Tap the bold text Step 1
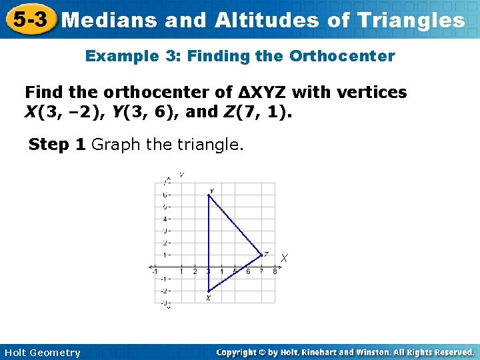click(57, 145)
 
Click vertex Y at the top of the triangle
click(209, 195)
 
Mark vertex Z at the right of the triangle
click(261, 254)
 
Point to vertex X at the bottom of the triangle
click(209, 291)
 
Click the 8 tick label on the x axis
click(275, 271)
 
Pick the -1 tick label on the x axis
click(154, 271)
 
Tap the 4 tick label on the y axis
click(166, 219)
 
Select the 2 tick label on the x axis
click(195, 271)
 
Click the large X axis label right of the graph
click(285, 257)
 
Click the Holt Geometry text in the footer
click(42, 353)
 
